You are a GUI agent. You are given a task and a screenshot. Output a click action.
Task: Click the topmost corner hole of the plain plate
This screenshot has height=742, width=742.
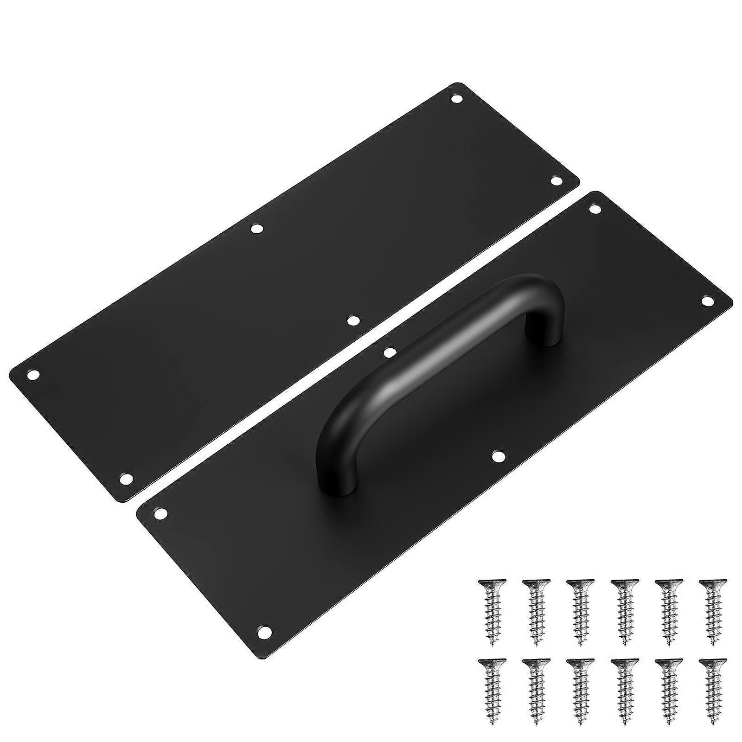(x=457, y=98)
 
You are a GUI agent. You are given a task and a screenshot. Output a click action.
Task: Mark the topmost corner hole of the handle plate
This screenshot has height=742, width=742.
(x=594, y=209)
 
